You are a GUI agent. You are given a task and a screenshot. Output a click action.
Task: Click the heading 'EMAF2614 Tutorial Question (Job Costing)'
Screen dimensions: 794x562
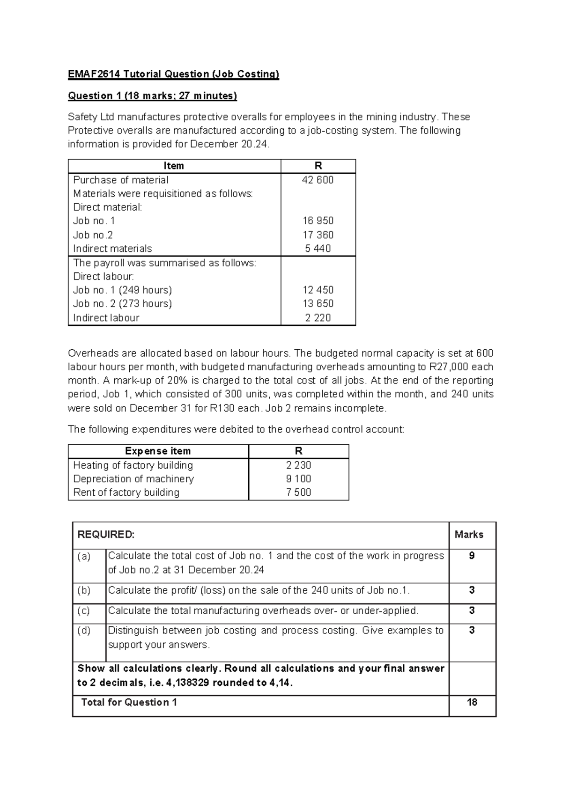coord(173,74)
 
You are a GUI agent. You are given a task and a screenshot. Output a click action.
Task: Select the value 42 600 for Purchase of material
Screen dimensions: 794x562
coord(318,180)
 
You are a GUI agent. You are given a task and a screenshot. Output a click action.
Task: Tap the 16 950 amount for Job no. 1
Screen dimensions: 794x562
coord(318,221)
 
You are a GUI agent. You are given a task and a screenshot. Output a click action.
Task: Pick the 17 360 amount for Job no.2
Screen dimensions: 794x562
coord(318,235)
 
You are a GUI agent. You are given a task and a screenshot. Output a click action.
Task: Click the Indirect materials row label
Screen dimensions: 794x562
coord(112,249)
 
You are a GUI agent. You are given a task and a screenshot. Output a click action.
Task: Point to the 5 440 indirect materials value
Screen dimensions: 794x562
coord(318,249)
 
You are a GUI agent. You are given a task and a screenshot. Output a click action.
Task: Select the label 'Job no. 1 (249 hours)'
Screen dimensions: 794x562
coord(122,290)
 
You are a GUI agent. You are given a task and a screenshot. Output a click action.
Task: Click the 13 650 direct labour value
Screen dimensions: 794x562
coord(318,303)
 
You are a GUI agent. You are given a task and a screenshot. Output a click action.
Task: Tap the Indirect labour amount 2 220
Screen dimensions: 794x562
coord(318,317)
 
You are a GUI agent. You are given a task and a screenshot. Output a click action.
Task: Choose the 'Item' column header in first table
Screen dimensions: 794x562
coord(174,166)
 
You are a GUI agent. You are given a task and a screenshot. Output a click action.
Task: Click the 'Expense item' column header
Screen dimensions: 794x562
coord(158,451)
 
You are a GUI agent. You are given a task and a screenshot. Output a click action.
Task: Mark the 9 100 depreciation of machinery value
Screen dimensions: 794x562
coord(298,478)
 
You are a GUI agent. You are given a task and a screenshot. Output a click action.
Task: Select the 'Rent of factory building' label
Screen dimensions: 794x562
coord(126,492)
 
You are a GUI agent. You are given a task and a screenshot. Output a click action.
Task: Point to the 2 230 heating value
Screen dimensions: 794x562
coord(298,465)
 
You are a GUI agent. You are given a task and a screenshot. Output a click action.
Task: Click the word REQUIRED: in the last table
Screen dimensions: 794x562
coord(106,535)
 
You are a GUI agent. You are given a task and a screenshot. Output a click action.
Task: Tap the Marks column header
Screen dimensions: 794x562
coord(469,535)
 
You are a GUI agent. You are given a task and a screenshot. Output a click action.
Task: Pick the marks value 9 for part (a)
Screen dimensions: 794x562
coord(472,556)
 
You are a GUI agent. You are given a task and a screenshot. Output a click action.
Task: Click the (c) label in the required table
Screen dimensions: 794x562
coord(84,610)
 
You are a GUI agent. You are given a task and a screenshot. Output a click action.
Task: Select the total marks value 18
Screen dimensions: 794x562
coord(472,702)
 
